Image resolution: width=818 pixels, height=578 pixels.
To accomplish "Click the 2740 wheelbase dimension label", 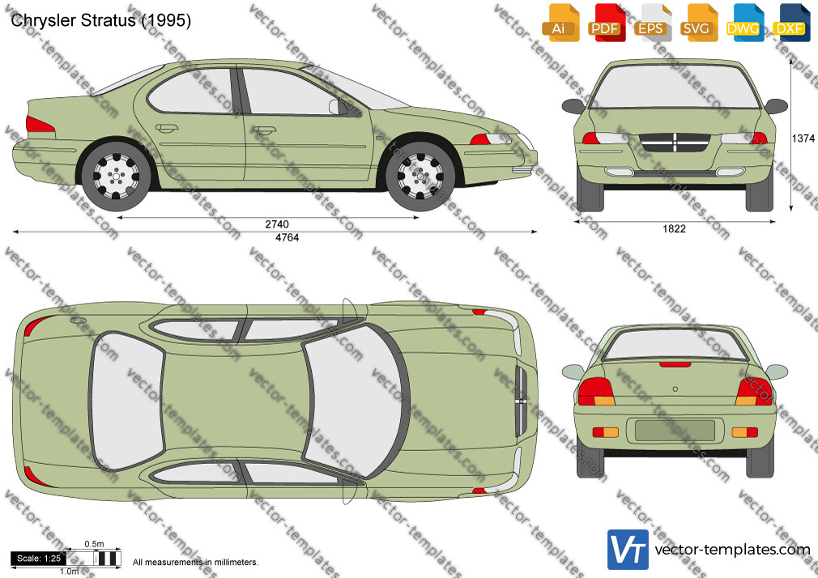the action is click(x=276, y=224).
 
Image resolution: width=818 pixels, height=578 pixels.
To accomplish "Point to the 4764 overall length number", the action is click(x=287, y=238).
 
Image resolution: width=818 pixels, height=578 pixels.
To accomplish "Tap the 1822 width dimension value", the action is click(x=674, y=228).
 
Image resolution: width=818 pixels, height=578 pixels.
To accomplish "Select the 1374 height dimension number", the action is click(x=803, y=138).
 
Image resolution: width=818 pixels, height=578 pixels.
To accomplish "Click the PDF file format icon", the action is click(x=605, y=23).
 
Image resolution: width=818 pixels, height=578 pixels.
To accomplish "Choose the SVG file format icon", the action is click(x=697, y=23).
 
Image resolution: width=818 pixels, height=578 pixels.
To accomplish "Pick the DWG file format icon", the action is click(x=743, y=23).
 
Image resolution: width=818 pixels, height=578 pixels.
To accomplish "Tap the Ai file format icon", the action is click(x=560, y=23).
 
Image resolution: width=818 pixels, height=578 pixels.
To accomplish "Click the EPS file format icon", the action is click(x=651, y=23).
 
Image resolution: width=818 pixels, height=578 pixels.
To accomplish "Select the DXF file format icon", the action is click(x=790, y=23).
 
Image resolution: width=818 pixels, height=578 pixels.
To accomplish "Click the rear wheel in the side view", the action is click(x=116, y=176).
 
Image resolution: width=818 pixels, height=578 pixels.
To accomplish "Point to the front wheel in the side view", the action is click(x=420, y=176).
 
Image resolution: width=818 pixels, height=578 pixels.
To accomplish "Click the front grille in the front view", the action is click(x=675, y=142).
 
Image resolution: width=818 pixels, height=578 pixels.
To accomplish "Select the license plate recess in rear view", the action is click(x=675, y=431).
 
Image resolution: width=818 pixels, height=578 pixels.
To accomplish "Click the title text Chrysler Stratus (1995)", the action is click(x=100, y=20).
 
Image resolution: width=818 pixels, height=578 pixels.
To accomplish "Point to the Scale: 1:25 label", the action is click(x=39, y=559).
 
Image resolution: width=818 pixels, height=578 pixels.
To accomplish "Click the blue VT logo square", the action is click(x=628, y=550).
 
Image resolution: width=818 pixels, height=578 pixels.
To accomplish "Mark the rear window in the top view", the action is click(x=127, y=401).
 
